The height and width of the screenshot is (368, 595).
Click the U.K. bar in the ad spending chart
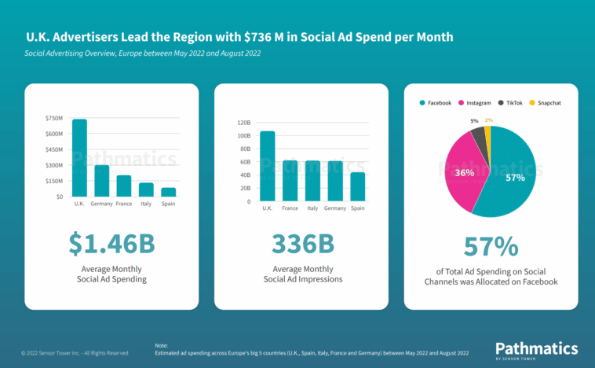tap(79, 157)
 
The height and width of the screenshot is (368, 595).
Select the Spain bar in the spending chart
tap(169, 192)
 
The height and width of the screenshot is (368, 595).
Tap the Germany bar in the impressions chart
tap(335, 181)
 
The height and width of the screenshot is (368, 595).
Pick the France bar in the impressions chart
tap(290, 181)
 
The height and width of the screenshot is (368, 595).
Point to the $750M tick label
tap(54, 118)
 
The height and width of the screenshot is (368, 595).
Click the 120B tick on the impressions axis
tap(243, 123)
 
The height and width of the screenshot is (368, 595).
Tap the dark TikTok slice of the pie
tap(477, 137)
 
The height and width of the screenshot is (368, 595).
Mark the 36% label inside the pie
tap(464, 172)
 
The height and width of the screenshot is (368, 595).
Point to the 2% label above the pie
tap(489, 120)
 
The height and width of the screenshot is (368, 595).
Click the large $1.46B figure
tap(111, 245)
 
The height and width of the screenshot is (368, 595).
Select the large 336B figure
tap(302, 245)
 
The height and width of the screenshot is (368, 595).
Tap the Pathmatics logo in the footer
tap(536, 350)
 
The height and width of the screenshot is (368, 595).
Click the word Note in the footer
tap(162, 345)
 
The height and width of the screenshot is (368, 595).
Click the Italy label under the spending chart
tap(146, 204)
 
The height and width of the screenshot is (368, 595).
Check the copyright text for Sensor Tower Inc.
tap(75, 353)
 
